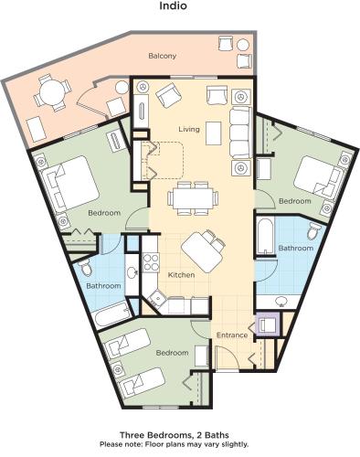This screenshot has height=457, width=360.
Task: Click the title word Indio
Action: point(179,8)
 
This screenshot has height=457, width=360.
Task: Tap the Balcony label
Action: point(163,57)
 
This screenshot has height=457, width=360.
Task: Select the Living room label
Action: point(189,130)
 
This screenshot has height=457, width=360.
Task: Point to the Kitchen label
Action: point(180,275)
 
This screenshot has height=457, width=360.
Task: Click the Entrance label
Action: point(232,335)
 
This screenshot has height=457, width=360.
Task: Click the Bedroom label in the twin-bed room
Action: point(172,353)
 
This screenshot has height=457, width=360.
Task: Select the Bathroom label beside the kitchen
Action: point(103,286)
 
